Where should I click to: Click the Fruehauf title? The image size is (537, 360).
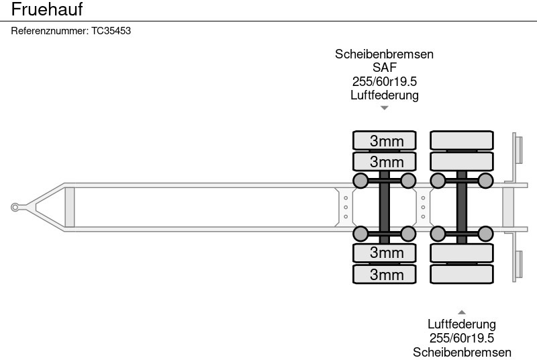click(x=46, y=10)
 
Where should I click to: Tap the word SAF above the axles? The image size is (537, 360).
click(x=384, y=68)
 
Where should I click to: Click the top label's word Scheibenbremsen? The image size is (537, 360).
click(x=384, y=54)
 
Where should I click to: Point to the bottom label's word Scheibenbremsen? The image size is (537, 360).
click(x=462, y=352)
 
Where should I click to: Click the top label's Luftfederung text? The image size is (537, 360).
click(x=384, y=95)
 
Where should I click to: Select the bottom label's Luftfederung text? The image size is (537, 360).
click(x=462, y=325)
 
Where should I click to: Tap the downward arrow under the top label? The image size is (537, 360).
click(x=384, y=107)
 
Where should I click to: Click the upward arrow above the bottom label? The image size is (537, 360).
click(x=462, y=312)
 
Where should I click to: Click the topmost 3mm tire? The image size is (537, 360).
click(x=385, y=140)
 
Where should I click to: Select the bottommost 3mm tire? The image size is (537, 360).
click(x=385, y=274)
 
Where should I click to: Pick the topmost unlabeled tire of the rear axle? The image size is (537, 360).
click(x=462, y=140)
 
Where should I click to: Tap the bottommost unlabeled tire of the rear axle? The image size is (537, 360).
click(x=462, y=274)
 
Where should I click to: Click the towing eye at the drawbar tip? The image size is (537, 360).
click(x=15, y=207)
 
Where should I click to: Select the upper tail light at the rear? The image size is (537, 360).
click(x=518, y=148)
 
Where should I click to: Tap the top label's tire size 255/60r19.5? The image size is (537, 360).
click(x=384, y=81)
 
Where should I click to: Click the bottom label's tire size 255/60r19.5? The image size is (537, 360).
click(x=462, y=339)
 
